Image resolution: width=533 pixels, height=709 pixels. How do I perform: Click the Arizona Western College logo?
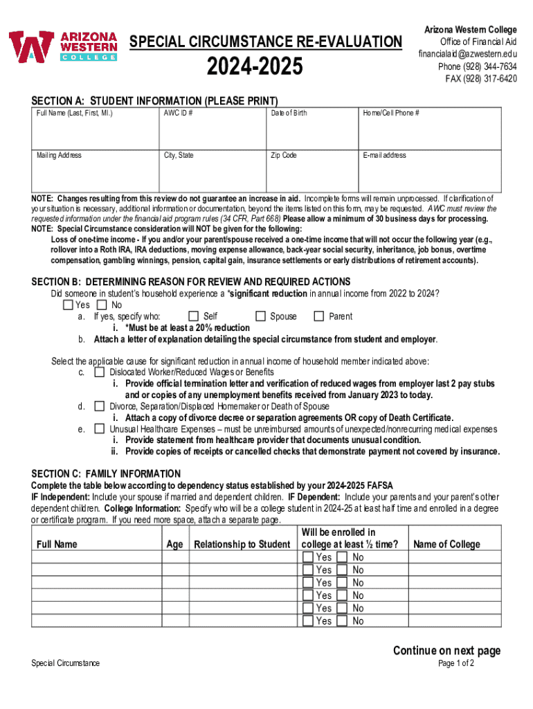tap(63, 47)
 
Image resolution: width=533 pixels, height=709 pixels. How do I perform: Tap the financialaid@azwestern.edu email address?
tap(467, 54)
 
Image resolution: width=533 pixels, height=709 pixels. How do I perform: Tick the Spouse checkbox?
tap(261, 316)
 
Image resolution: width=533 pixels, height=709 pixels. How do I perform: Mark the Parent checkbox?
tap(319, 316)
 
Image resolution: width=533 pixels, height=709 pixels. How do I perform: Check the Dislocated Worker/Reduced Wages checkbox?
tap(100, 373)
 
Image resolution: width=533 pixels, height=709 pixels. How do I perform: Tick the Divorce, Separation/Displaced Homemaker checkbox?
tap(100, 406)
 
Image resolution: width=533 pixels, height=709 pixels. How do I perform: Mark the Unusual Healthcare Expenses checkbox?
tap(100, 429)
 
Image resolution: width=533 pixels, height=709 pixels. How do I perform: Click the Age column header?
tap(175, 544)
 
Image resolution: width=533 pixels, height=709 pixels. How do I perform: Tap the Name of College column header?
tap(446, 544)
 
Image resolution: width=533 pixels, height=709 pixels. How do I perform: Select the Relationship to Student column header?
tap(242, 544)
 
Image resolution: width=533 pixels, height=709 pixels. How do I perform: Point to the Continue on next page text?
tap(446, 650)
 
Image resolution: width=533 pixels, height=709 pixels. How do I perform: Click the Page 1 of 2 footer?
tap(456, 663)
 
